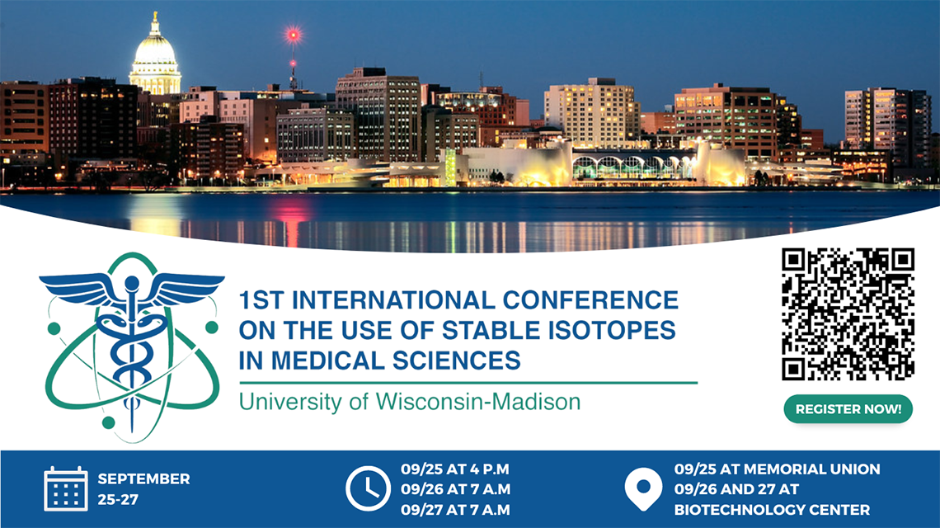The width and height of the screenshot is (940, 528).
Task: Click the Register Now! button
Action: click(x=848, y=408)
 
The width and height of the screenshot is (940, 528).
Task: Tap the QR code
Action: click(x=848, y=313)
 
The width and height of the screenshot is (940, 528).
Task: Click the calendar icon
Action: click(x=66, y=489)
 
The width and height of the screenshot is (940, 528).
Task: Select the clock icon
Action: click(x=368, y=488)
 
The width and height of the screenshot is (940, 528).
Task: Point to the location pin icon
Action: click(x=643, y=488)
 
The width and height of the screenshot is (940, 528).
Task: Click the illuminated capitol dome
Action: click(x=155, y=57)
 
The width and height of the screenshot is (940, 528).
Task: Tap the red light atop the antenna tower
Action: click(x=294, y=35)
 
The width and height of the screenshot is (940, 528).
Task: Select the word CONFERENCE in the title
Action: click(x=590, y=299)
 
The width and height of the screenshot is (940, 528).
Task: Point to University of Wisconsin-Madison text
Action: click(x=410, y=402)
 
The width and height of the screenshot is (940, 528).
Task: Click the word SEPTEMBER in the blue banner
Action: click(x=143, y=478)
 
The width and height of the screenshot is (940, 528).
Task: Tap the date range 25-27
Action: click(x=118, y=499)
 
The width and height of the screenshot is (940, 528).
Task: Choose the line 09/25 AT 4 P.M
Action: click(x=456, y=469)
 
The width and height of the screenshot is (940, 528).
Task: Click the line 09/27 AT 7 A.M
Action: click(x=456, y=509)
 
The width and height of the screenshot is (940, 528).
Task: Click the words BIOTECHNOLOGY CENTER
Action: click(x=772, y=509)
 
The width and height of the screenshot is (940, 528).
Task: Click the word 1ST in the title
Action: click(x=261, y=299)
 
